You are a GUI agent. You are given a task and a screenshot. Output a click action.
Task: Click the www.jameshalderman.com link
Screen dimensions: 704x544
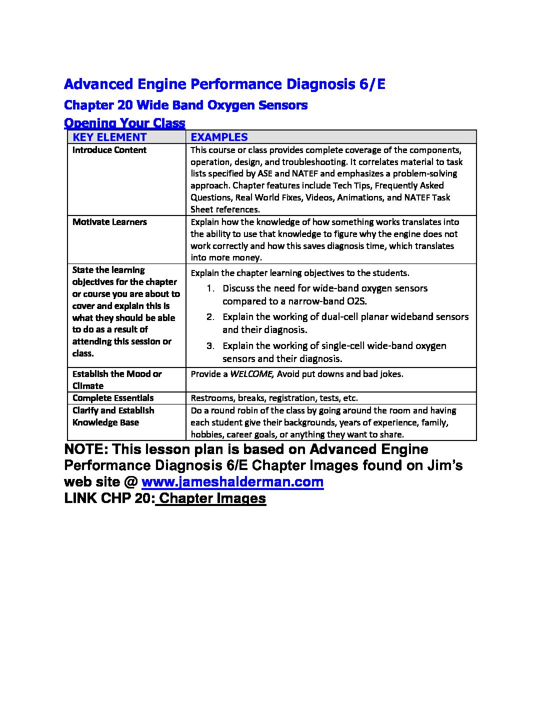[x=232, y=482]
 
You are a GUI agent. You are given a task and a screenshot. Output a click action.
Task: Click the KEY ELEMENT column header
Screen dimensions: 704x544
[x=109, y=137]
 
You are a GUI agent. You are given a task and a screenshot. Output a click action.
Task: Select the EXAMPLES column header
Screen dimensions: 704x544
[x=219, y=137]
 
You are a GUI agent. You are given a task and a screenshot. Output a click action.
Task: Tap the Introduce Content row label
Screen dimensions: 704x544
[x=109, y=150]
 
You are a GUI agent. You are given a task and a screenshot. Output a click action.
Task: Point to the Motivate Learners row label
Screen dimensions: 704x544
[x=109, y=222]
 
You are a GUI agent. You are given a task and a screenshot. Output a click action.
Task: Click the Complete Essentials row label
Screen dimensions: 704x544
[x=113, y=398]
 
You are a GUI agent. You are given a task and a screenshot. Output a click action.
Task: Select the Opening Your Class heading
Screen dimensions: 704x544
[x=124, y=123]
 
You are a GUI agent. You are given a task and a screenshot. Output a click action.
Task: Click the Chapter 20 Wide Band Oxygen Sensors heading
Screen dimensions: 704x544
[x=185, y=105]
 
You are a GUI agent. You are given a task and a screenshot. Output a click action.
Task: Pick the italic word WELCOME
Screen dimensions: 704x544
[x=251, y=374]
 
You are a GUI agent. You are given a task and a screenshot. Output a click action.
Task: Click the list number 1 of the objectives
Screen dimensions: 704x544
[x=211, y=288]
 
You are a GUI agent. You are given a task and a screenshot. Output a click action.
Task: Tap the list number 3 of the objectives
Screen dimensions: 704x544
[x=211, y=346]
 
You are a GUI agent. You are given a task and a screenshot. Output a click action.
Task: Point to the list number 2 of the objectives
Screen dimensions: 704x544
[x=211, y=317]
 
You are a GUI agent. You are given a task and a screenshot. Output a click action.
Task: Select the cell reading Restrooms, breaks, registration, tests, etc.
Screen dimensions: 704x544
[x=274, y=398]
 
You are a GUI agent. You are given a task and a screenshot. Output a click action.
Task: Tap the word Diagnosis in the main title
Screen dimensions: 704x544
[x=320, y=84]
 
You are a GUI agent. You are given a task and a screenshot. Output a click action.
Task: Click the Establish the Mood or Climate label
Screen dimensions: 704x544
[x=117, y=379]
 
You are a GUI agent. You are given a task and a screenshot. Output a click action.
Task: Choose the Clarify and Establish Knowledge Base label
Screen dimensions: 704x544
[x=113, y=416]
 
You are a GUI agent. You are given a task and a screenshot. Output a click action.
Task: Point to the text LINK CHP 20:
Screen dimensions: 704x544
[x=109, y=498]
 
